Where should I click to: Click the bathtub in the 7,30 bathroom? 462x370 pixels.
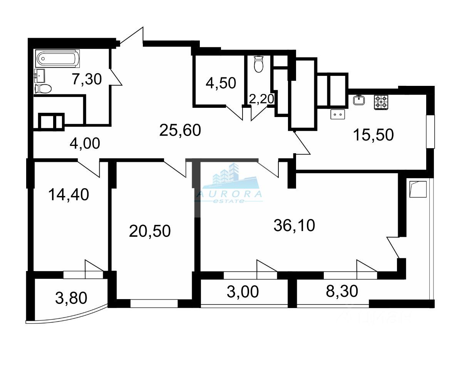click(x=57, y=59)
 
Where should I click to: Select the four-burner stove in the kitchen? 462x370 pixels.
click(x=381, y=102)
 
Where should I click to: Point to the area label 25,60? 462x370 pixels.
click(x=180, y=131)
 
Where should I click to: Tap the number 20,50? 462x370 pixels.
click(x=150, y=231)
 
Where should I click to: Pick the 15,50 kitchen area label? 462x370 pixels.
click(x=373, y=134)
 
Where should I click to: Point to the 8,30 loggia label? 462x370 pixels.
click(x=342, y=291)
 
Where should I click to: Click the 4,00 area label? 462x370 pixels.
click(x=85, y=143)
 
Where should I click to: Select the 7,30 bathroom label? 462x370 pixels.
click(x=87, y=79)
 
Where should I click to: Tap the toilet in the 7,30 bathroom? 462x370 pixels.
click(x=43, y=89)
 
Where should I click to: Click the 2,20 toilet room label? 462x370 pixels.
click(x=261, y=99)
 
